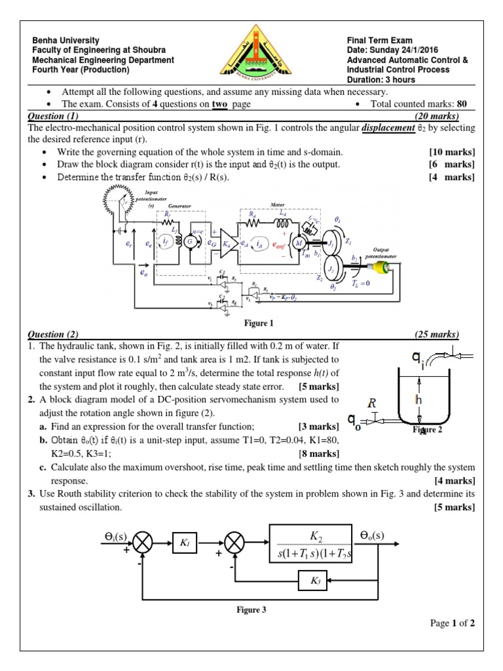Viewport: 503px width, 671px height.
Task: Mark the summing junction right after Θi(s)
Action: point(143,542)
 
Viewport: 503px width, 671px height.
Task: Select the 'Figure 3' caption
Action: point(251,610)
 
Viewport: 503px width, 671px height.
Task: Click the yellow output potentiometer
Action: point(381,268)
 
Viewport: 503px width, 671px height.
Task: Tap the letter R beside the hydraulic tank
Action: point(371,404)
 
